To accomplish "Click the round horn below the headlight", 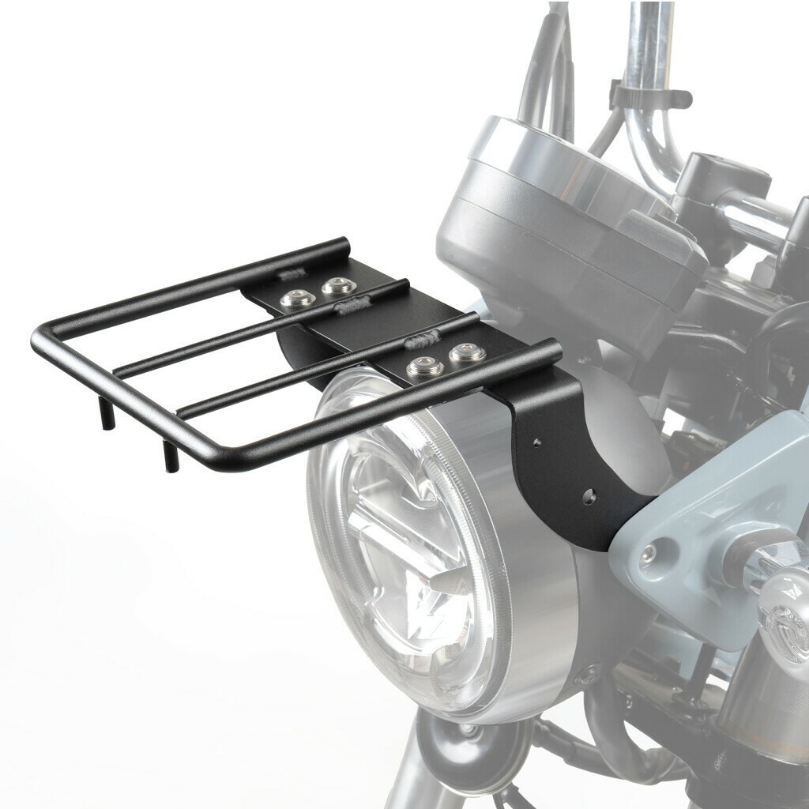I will [466, 751].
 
